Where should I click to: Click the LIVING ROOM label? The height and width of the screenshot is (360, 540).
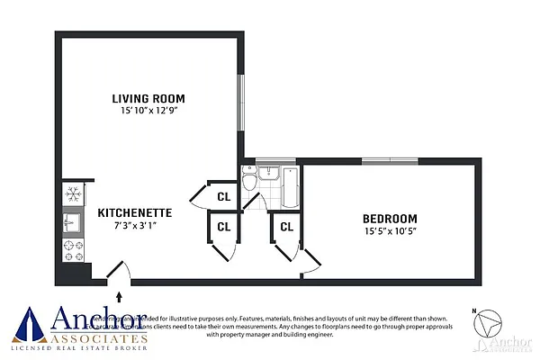(148, 98)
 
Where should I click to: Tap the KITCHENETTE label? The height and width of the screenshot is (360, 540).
(135, 212)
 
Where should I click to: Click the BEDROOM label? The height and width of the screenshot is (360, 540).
(390, 219)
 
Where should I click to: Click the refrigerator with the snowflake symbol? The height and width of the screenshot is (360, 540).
(73, 194)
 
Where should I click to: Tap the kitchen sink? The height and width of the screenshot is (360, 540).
(71, 220)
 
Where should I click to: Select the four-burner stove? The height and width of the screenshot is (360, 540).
(72, 246)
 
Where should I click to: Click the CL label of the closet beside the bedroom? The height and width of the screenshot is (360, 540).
(287, 227)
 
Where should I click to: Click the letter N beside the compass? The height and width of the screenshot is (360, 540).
(474, 311)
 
